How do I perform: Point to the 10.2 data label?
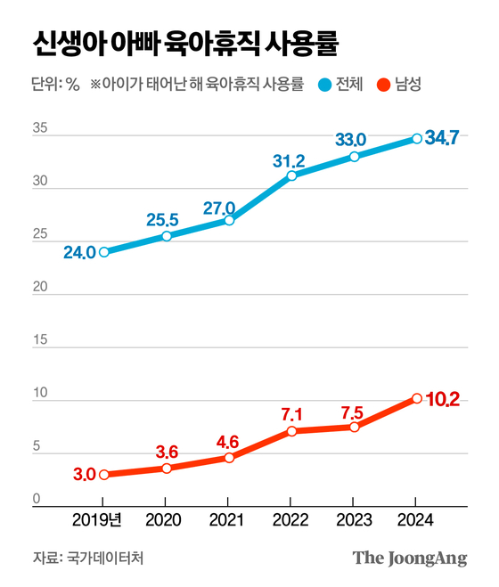[442, 399]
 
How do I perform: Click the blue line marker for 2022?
[291, 175]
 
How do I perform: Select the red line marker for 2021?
[229, 458]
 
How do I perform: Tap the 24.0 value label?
[78, 252]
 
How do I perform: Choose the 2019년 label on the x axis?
[103, 519]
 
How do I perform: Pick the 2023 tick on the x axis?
[354, 519]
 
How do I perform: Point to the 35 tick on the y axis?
[40, 129]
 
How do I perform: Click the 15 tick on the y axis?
[39, 340]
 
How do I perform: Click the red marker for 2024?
[416, 398]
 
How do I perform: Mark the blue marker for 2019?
[104, 252]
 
